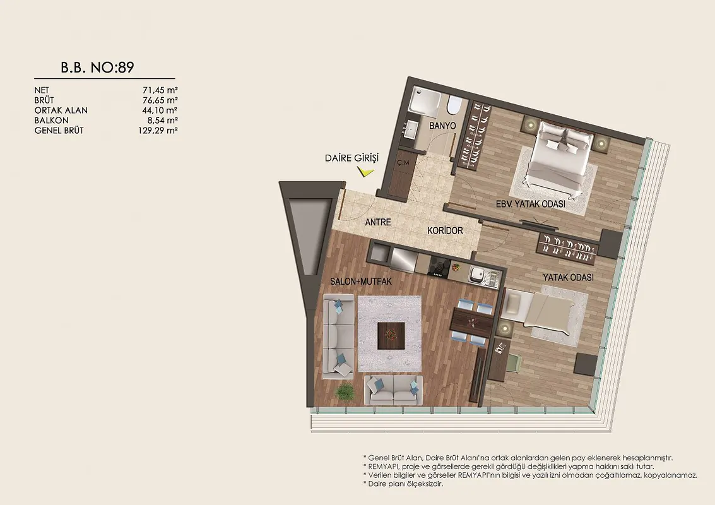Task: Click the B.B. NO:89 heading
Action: [97, 68]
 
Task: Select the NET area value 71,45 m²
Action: [160, 90]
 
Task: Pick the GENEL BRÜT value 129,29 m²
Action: [158, 131]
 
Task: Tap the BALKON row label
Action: [52, 121]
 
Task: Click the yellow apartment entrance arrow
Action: [366, 172]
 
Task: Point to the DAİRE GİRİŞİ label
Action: [352, 158]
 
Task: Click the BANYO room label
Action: [442, 126]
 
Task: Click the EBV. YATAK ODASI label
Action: [530, 204]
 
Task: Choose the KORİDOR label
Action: [445, 231]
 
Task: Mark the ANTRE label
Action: [378, 222]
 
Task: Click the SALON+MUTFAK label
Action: [361, 282]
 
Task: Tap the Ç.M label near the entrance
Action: [403, 162]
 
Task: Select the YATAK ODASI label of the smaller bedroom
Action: [568, 277]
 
